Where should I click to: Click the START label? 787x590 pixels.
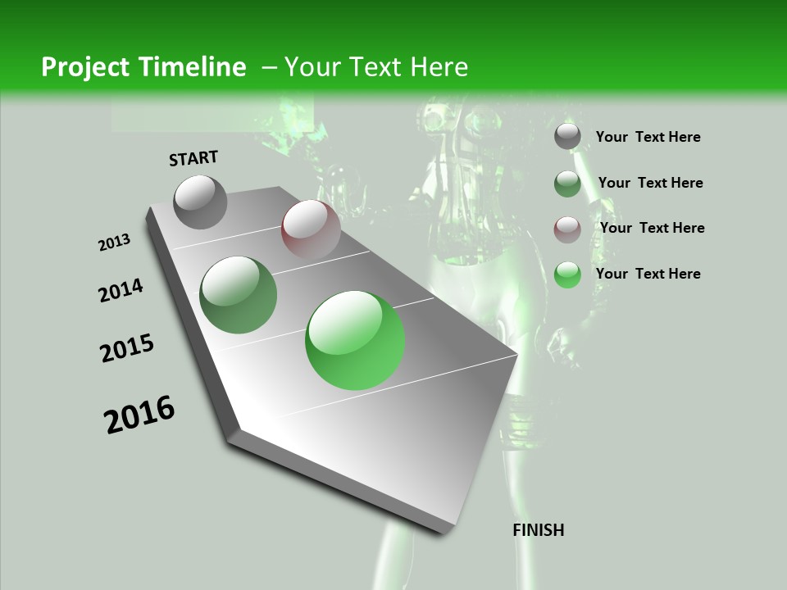click(x=193, y=158)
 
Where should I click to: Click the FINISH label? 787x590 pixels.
click(x=538, y=530)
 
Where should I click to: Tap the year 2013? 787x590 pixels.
click(x=114, y=243)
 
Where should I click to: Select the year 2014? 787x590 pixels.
click(x=121, y=290)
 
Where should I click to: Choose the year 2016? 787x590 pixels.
click(x=139, y=415)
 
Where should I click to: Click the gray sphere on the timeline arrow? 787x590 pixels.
click(x=200, y=202)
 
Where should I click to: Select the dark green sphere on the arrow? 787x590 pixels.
click(x=238, y=294)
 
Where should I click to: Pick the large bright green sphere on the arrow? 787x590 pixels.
click(x=355, y=340)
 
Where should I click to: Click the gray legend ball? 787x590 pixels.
click(x=567, y=136)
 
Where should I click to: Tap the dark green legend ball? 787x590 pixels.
click(x=567, y=184)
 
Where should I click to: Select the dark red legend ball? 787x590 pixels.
click(x=567, y=229)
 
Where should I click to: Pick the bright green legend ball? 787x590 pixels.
click(x=567, y=274)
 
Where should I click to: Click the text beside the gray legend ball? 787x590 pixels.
click(x=648, y=137)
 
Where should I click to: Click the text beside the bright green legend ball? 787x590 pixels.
click(x=648, y=274)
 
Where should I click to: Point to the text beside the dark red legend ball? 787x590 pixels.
click(x=652, y=228)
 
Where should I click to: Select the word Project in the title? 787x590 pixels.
click(x=83, y=67)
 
